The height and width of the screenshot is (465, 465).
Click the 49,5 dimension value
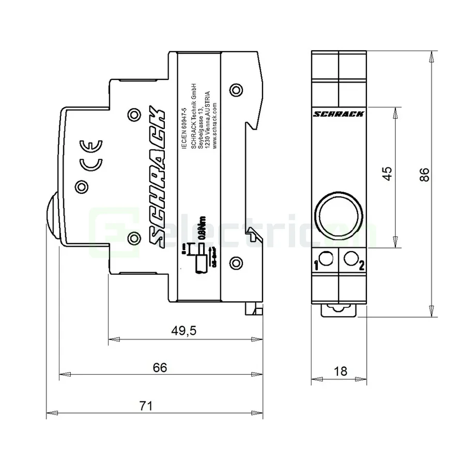185,331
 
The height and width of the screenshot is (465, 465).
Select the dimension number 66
160,367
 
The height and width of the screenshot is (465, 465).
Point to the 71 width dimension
146,406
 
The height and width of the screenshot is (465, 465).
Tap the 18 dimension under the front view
340,371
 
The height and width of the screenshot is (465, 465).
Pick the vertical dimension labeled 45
386,174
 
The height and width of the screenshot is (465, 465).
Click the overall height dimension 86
424,175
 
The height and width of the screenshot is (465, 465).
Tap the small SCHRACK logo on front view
339,114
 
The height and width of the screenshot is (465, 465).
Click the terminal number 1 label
316,266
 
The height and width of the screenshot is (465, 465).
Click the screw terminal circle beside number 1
327,258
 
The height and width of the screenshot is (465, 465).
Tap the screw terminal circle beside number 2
351,258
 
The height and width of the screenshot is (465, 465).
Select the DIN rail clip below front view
338,309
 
